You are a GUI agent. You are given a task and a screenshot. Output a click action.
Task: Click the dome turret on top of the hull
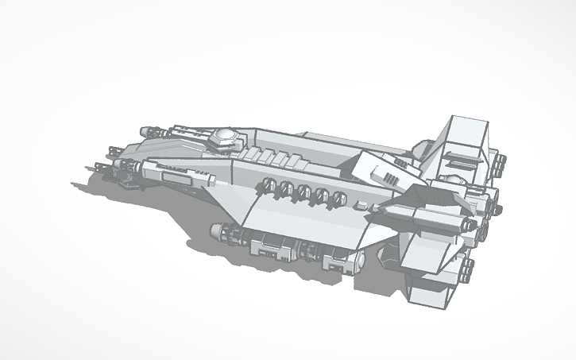point(224,137)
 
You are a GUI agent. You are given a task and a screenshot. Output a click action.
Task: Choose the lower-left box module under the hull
point(267,246)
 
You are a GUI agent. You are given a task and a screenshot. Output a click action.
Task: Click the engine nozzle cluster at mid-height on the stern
point(481,226)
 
